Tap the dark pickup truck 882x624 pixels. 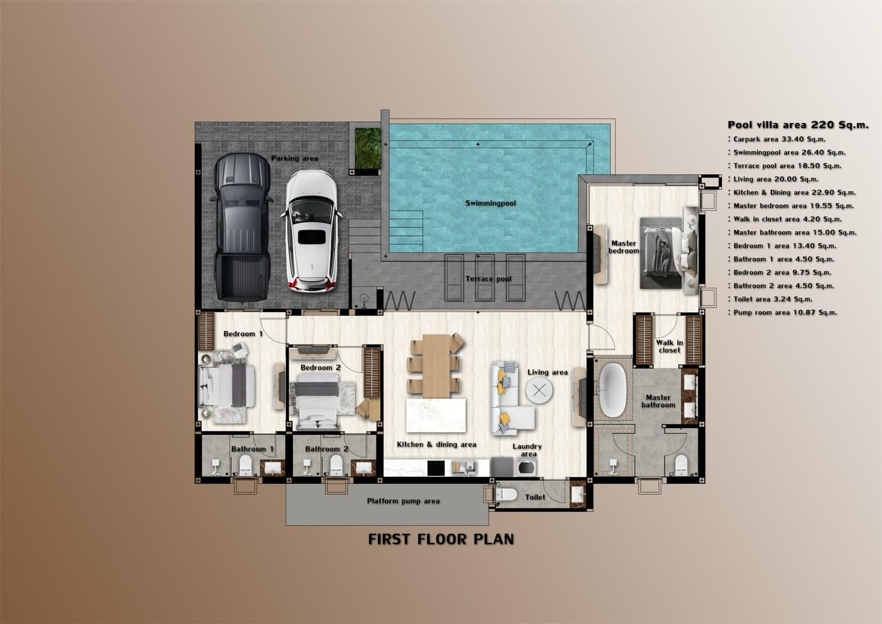tap(242, 227)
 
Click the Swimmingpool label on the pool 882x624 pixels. tap(491, 204)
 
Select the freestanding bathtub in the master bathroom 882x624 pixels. tap(613, 390)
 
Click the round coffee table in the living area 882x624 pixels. tap(539, 390)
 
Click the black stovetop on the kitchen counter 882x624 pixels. tap(435, 467)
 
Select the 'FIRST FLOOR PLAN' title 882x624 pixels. tap(441, 539)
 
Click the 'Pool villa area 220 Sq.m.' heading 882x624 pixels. tap(798, 125)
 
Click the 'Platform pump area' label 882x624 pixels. tap(403, 501)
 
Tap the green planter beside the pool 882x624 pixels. tap(368, 148)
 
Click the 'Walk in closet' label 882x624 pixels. tap(669, 346)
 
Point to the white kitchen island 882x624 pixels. tap(436, 415)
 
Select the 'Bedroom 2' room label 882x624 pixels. tap(320, 368)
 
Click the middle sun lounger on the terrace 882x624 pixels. tap(484, 278)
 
